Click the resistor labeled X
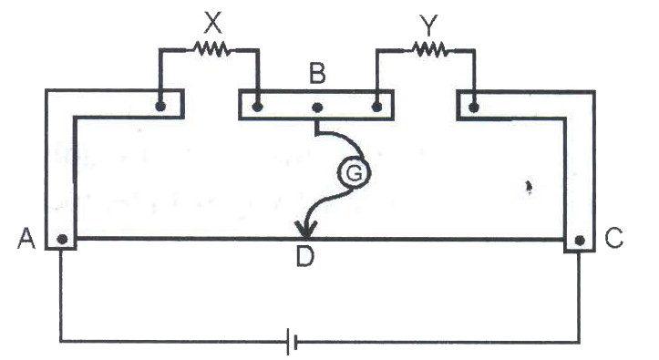click(x=211, y=49)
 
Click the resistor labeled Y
click(x=430, y=49)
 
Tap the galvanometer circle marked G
click(x=354, y=172)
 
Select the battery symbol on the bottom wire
click(x=292, y=341)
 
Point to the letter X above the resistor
click(x=212, y=23)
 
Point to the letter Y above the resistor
click(x=428, y=26)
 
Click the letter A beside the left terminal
click(x=26, y=239)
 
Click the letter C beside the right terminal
click(x=613, y=237)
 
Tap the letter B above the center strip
click(x=317, y=73)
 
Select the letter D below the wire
click(x=305, y=256)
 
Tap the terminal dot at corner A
click(x=62, y=239)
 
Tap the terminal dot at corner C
click(x=580, y=241)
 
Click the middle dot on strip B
click(x=317, y=108)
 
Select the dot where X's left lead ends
click(x=160, y=107)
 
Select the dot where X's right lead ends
click(x=258, y=107)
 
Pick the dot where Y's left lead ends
click(x=377, y=107)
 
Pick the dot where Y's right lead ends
click(x=474, y=108)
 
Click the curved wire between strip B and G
click(x=344, y=136)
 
